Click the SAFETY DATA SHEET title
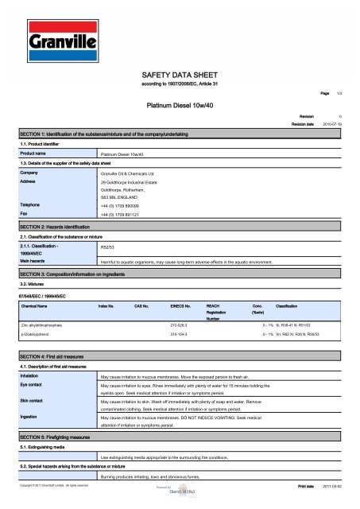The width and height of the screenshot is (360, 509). (180, 71)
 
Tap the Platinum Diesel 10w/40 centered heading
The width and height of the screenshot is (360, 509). (180, 103)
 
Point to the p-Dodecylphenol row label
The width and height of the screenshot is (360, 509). (37, 336)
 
